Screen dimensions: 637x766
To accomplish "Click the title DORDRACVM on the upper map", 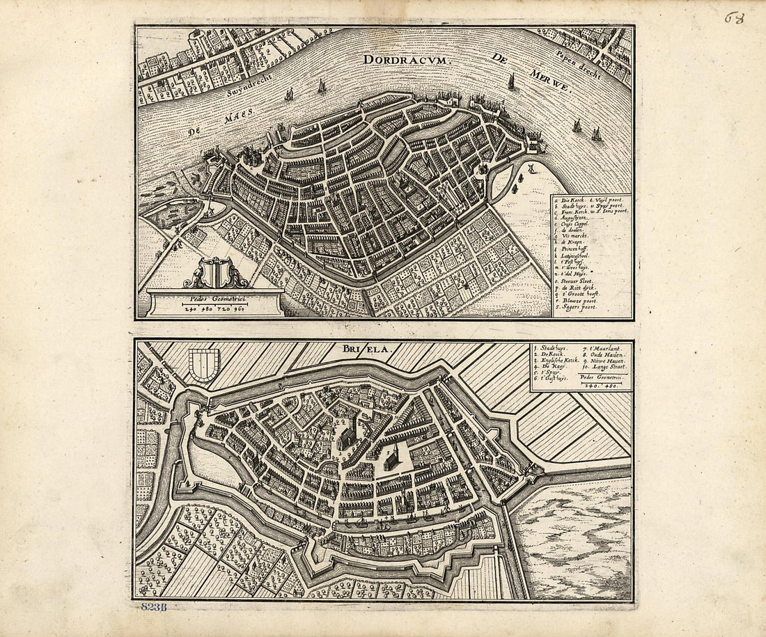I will (408, 59).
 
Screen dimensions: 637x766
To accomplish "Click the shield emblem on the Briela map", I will (204, 365).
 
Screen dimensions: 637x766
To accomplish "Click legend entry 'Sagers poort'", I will (578, 306).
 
